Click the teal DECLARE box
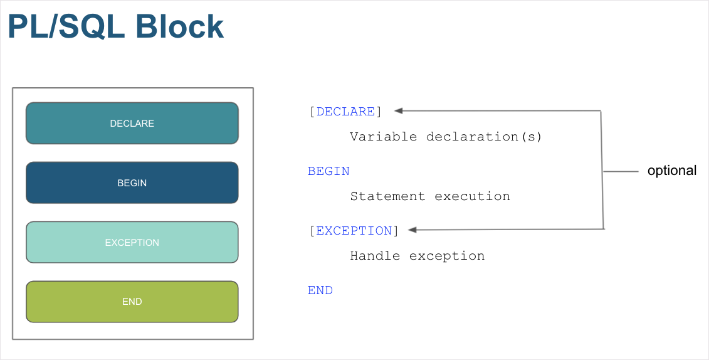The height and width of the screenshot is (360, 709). point(132,123)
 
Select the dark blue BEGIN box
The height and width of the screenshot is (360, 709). point(132,183)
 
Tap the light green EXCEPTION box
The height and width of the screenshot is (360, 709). point(132,242)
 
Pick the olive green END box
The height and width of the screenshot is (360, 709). point(132,302)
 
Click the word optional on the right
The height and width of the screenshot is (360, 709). point(671,171)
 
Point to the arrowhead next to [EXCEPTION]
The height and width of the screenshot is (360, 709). point(412,230)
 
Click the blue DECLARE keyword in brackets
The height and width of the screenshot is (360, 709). point(345,112)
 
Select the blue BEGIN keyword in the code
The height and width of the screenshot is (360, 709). point(328,171)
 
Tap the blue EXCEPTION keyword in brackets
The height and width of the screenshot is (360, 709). point(354,231)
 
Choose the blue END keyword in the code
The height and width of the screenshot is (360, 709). point(320,290)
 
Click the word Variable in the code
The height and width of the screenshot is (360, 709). point(383,137)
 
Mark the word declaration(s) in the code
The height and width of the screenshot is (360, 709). point(483,137)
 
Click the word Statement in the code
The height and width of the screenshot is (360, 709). point(387,196)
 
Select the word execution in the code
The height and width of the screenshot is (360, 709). point(472,196)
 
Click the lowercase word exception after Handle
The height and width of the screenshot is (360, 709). point(446,256)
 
